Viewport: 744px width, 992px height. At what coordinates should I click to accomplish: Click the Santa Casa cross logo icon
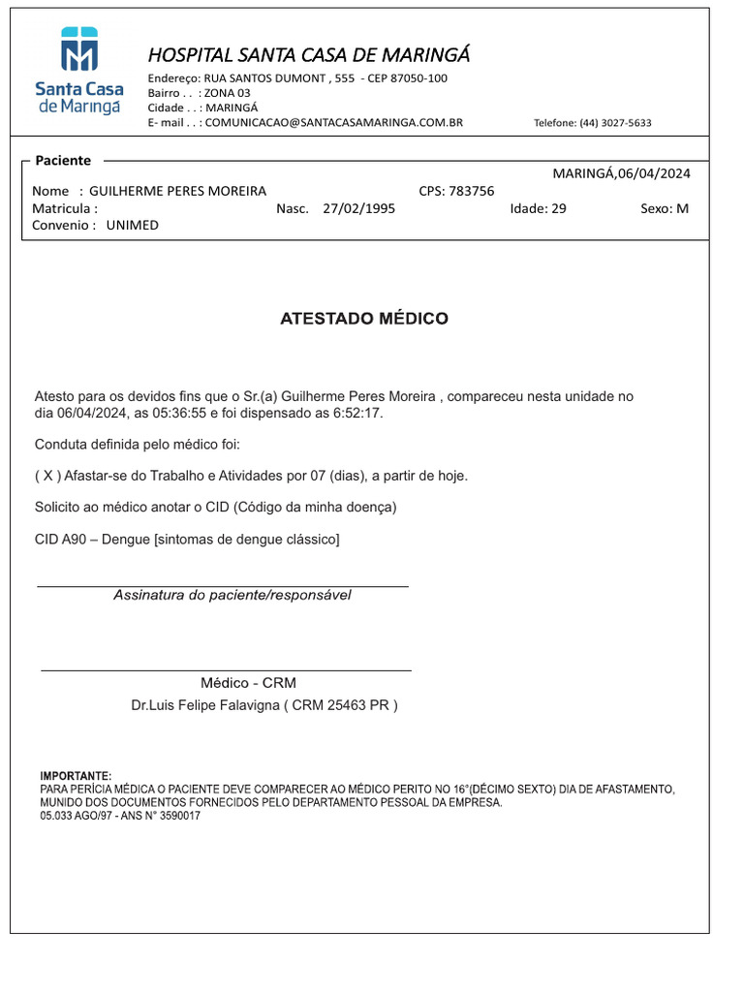point(79,49)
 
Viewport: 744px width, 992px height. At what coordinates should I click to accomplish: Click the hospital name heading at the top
point(308,54)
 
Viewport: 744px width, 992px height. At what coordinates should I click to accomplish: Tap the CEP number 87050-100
point(422,78)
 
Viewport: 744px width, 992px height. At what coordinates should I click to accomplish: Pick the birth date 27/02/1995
point(358,208)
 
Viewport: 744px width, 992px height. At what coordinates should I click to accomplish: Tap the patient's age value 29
point(558,208)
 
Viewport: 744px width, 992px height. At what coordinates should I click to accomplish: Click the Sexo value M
point(683,208)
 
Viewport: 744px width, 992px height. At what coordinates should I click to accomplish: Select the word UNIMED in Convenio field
point(132,225)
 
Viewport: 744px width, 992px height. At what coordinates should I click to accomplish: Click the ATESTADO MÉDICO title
point(364,319)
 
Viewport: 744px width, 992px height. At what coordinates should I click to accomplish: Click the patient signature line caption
point(232,595)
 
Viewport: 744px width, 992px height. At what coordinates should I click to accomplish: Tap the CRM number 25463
point(347,705)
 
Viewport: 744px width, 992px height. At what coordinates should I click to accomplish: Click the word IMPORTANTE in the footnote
point(76,776)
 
